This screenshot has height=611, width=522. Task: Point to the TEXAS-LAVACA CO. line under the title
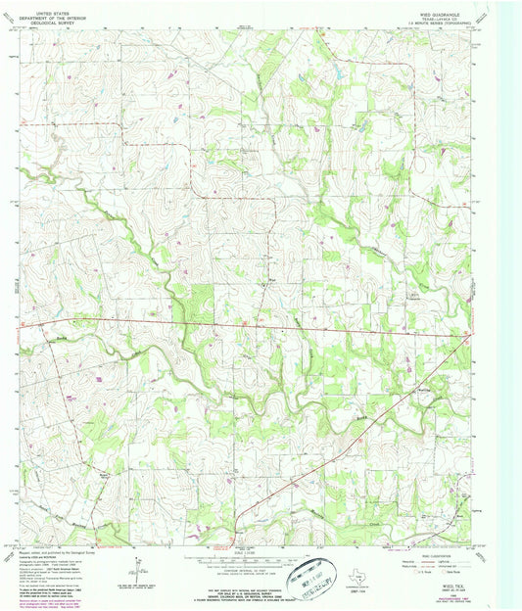457,12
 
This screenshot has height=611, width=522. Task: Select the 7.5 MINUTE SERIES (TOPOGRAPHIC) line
457,17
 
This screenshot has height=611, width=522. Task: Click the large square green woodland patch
201,300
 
